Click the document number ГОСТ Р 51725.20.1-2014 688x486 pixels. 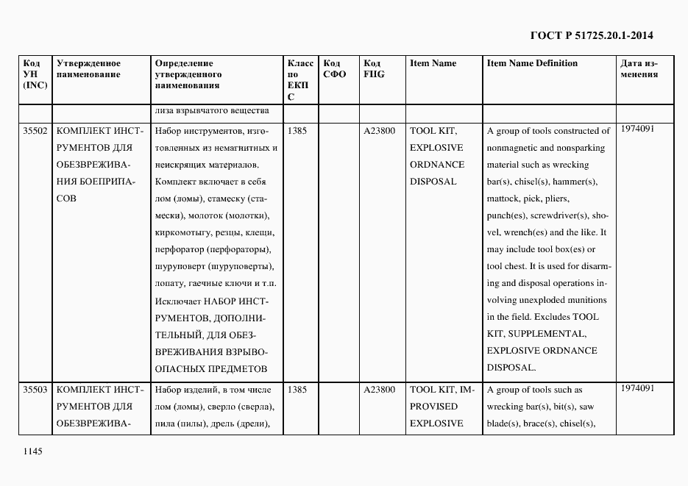(592, 35)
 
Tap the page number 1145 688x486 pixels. (34, 451)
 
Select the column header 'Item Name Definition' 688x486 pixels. (532, 63)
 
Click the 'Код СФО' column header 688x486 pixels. (334, 68)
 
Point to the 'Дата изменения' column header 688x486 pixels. (639, 68)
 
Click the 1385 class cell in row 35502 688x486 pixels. (297, 131)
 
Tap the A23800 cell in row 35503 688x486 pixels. (379, 390)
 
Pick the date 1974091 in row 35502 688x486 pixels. (637, 129)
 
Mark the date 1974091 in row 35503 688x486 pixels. (637, 387)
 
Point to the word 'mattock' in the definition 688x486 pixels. (503, 199)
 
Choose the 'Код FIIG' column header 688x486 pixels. (374, 68)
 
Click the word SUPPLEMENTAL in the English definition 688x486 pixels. (545, 334)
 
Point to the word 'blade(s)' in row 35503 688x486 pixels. (503, 424)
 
